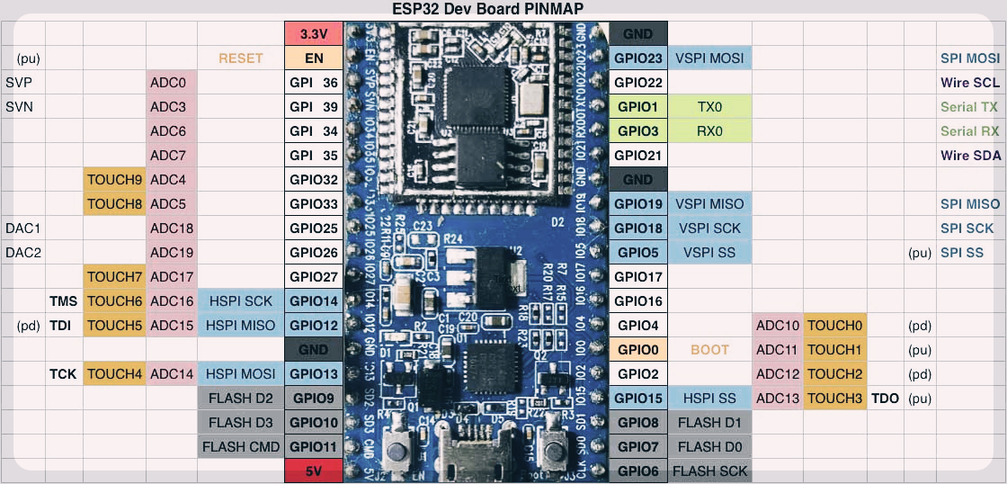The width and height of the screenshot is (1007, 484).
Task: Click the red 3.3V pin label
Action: coord(314,34)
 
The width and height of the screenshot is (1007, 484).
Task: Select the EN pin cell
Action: coord(314,58)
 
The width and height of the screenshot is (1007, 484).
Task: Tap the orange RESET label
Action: coord(240,58)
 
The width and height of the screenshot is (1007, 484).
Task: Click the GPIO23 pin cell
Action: coord(638,58)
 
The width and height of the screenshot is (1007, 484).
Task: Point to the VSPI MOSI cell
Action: coord(709,58)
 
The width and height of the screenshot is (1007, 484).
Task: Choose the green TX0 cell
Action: coord(709,107)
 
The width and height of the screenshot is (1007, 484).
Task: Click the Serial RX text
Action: coord(969,131)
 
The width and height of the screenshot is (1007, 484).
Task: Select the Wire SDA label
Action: coord(970,156)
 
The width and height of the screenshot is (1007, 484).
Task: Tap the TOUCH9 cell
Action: coord(115,180)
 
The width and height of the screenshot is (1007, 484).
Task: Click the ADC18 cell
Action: coord(172,229)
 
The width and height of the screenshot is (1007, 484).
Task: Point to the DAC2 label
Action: coord(23,253)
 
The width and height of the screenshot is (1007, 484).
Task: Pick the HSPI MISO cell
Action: coord(240,326)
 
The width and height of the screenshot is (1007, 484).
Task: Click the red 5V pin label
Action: coord(314,470)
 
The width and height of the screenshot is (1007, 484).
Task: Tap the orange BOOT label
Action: coord(709,350)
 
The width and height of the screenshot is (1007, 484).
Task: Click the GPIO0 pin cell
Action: coord(638,350)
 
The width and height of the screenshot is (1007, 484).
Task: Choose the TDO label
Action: coord(885,399)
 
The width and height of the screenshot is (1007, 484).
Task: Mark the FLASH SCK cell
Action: coord(709,471)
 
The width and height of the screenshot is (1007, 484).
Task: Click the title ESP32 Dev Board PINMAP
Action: coord(488,10)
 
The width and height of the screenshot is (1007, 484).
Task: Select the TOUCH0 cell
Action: coord(835,326)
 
